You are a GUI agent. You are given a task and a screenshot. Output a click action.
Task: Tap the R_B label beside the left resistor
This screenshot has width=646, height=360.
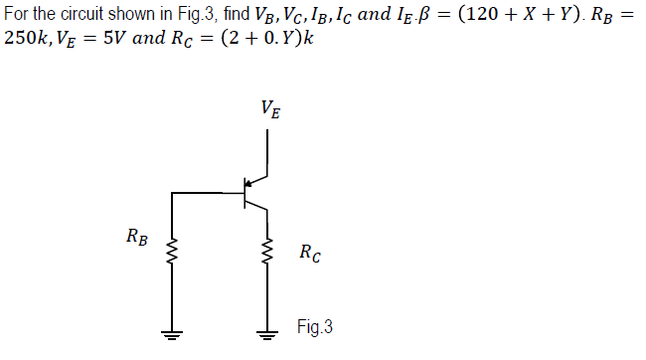click(138, 238)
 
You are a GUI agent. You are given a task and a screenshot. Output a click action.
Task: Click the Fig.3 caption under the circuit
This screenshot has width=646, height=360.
click(313, 326)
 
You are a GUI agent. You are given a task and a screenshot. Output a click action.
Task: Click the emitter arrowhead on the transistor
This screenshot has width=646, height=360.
click(250, 184)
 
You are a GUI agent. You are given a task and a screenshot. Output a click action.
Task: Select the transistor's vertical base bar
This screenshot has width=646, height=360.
click(244, 193)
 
